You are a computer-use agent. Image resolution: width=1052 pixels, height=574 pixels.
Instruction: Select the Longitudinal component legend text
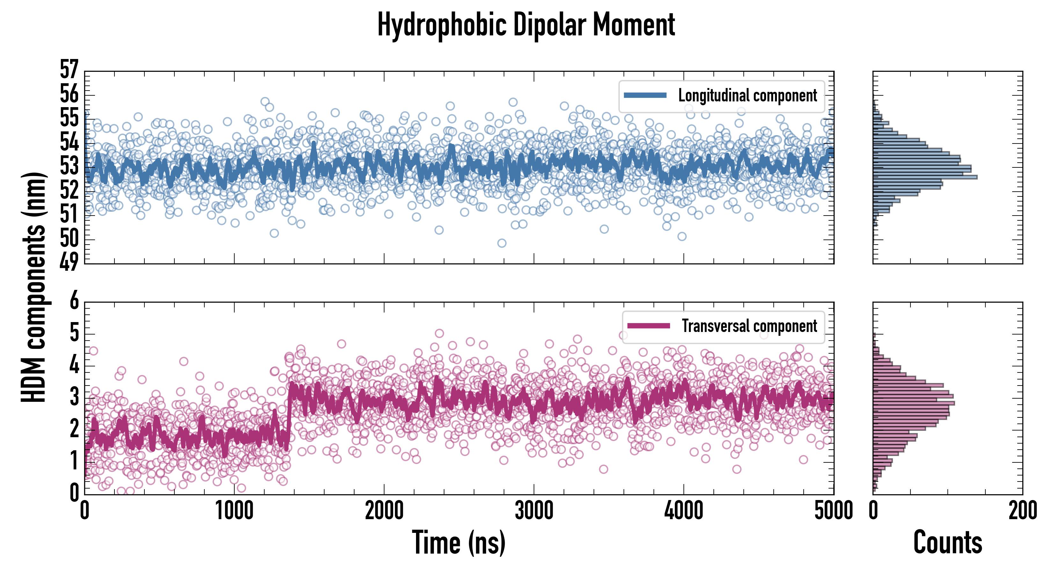tap(747, 96)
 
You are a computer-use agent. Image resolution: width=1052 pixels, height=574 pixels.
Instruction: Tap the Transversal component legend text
tap(749, 326)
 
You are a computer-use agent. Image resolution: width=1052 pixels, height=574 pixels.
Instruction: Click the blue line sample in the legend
tap(645, 96)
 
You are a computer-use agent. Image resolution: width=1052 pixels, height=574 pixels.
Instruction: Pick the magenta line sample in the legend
tap(648, 326)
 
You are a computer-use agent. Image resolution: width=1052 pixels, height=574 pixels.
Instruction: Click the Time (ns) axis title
tap(459, 542)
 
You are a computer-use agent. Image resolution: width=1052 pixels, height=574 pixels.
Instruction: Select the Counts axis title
tap(947, 542)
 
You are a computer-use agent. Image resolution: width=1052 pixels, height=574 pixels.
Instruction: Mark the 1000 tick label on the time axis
tap(234, 511)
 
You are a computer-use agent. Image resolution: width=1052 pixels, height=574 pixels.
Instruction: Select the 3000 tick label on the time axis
tap(534, 511)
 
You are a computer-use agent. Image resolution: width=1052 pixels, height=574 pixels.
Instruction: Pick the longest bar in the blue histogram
tap(925, 177)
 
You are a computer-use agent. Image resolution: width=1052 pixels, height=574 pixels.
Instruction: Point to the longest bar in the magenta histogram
tap(914, 403)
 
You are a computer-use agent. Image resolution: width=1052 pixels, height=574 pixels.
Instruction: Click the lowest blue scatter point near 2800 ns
tap(502, 243)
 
